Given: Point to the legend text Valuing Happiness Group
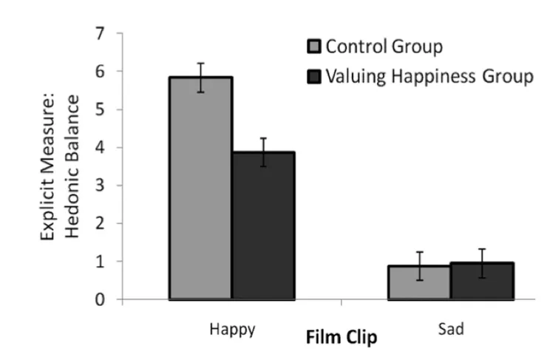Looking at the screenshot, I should pyautogui.click(x=429, y=76).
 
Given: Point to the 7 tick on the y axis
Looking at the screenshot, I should pyautogui.click(x=98, y=33).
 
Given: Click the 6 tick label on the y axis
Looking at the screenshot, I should pyautogui.click(x=98, y=72).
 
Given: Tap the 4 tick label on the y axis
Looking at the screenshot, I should pyautogui.click(x=98, y=148).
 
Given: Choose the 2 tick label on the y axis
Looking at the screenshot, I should pyautogui.click(x=98, y=224).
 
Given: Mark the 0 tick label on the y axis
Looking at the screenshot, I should pyautogui.click(x=98, y=300).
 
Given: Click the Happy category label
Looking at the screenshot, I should pyautogui.click(x=232, y=330).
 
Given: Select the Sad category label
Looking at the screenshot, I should pyautogui.click(x=451, y=330).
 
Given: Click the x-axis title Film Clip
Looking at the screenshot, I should pyautogui.click(x=342, y=339).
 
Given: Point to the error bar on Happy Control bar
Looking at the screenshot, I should pyautogui.click(x=201, y=77).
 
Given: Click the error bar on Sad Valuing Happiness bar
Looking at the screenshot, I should pyautogui.click(x=482, y=262).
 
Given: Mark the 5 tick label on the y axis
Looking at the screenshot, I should pyautogui.click(x=98, y=110).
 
